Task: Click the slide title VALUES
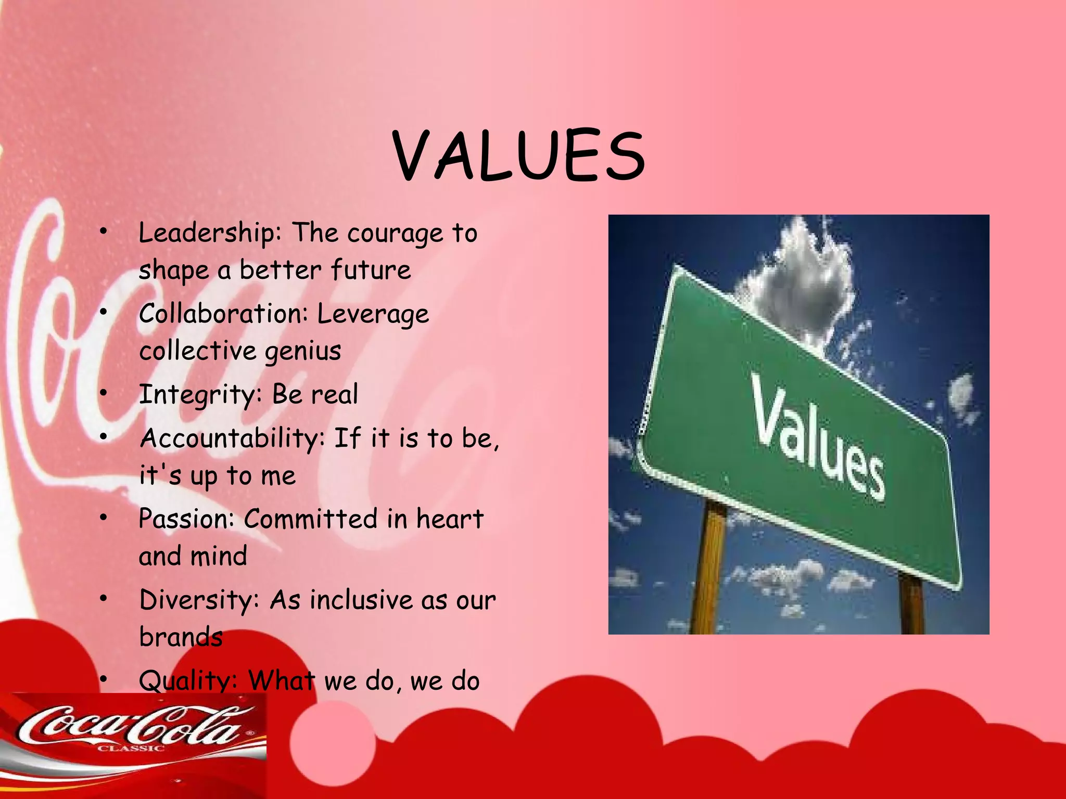[x=518, y=156]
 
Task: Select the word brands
[x=181, y=637]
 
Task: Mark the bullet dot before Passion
[x=104, y=518]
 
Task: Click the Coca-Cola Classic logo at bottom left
[x=133, y=728]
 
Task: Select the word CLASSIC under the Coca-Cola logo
[x=131, y=749]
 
